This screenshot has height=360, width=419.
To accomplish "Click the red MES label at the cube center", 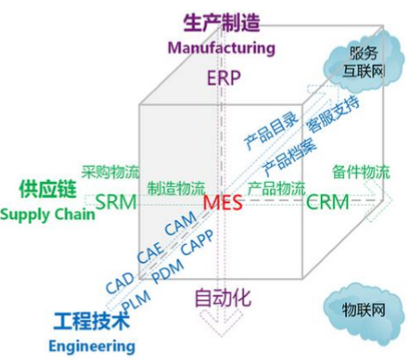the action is (x=223, y=203).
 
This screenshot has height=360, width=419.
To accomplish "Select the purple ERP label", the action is (x=224, y=78).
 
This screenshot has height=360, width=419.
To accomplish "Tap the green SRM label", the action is (x=116, y=202).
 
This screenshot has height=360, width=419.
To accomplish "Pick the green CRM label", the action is (x=327, y=202).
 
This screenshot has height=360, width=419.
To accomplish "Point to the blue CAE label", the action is (x=151, y=252).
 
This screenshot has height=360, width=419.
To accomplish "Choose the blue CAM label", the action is (x=180, y=224).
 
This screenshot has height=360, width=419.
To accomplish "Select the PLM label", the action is (x=136, y=300).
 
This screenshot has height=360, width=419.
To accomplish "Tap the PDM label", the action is (x=168, y=271).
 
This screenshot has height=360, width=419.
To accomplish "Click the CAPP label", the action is (x=197, y=242).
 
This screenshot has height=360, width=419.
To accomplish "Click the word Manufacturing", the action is (x=221, y=48).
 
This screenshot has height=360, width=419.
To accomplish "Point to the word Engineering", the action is (x=92, y=347).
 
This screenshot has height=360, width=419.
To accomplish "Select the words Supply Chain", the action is (x=47, y=215).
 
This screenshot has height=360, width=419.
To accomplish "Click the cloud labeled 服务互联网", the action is (x=364, y=62).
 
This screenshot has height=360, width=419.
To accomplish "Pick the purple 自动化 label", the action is (x=223, y=298).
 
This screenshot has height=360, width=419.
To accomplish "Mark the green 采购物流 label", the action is (x=111, y=172).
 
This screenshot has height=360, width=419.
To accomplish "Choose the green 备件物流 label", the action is (x=361, y=172).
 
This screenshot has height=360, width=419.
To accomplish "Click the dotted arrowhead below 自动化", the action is (x=221, y=323).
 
